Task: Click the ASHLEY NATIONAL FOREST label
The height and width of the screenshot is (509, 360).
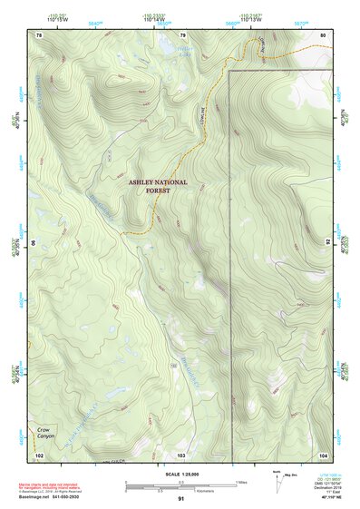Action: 158,187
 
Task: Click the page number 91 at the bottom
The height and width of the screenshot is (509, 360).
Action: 181,499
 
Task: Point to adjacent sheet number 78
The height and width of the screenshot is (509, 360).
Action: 39,34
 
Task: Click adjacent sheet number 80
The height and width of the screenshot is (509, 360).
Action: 323,34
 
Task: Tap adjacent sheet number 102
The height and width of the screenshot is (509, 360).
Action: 39,453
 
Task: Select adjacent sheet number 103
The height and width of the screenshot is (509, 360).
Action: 181,453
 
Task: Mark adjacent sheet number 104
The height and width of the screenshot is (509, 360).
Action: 323,453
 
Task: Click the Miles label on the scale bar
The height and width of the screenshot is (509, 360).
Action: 241,481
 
